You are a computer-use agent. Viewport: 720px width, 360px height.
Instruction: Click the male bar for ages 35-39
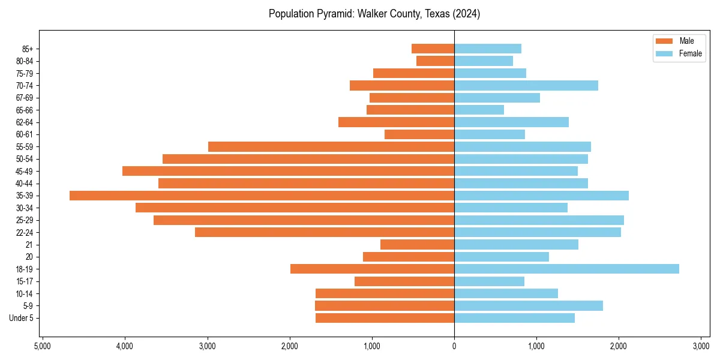[262, 196]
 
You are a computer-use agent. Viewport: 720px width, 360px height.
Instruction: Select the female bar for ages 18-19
[566, 269]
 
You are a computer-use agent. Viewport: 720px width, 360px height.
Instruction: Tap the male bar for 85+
[433, 49]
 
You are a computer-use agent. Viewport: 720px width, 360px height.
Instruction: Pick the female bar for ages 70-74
[526, 85]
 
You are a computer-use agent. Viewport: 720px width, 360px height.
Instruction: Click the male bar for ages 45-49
[288, 171]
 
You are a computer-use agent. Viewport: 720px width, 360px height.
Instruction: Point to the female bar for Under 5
[514, 318]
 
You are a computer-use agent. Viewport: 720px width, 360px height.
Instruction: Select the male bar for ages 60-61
[419, 134]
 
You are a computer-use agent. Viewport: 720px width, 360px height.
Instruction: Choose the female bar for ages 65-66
[479, 110]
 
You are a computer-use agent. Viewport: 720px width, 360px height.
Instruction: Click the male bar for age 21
[417, 244]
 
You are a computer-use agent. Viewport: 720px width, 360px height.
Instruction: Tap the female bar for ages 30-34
[511, 208]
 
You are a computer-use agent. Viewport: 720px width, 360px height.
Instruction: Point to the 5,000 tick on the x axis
[43, 346]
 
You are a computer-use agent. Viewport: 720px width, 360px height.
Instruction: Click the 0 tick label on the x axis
[454, 346]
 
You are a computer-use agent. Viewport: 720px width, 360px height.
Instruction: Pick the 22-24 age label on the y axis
[25, 232]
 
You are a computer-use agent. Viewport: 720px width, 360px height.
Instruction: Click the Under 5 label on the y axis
[22, 318]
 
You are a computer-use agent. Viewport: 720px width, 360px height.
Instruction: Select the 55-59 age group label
[25, 146]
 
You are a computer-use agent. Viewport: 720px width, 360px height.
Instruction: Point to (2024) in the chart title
[467, 14]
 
